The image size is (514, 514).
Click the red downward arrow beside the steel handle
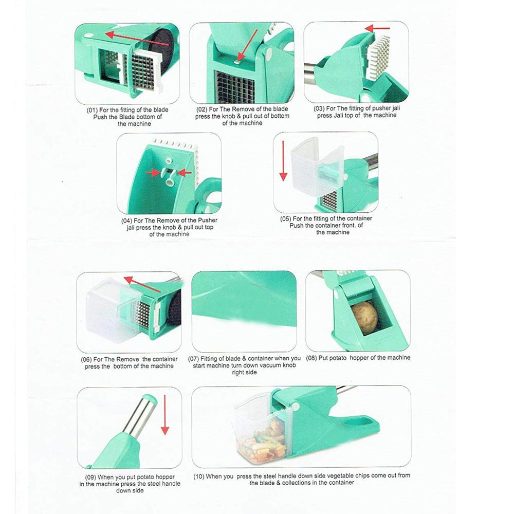pos(164,413)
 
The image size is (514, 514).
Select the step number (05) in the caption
pos(286,218)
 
